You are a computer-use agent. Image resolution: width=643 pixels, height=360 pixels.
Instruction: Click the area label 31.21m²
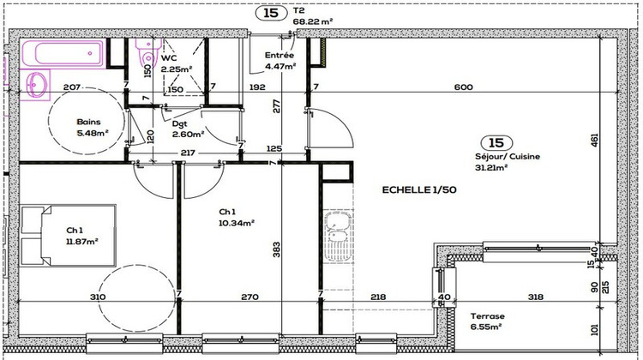491,168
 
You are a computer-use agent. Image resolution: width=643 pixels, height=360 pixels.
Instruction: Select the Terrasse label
487,315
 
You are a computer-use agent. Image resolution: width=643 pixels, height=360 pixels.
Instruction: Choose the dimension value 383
276,249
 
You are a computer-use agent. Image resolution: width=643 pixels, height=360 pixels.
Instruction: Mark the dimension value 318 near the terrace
536,297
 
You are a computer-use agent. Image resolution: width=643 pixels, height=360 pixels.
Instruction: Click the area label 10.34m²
237,224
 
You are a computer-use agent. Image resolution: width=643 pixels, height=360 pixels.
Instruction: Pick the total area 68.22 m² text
313,22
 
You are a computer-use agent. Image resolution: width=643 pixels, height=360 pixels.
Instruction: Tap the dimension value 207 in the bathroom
72,87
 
